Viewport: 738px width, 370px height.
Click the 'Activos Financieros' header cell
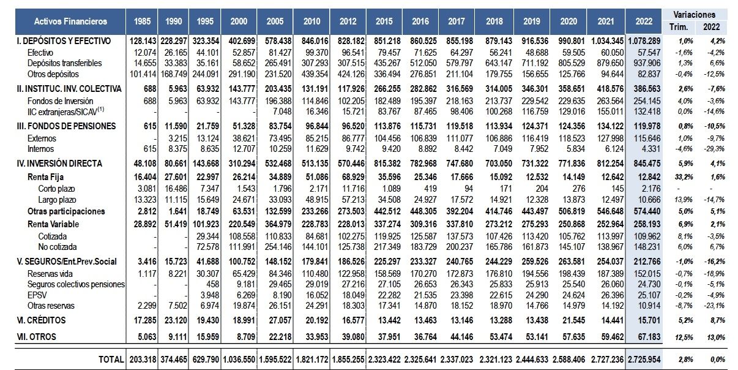point(70,21)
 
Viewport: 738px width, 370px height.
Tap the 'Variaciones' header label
point(695,15)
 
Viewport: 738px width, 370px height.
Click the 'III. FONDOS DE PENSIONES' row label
point(67,126)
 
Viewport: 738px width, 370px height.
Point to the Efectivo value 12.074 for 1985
point(143,53)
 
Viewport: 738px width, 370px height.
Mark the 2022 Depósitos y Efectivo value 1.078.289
point(644,41)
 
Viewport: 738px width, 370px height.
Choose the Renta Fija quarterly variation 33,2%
point(679,176)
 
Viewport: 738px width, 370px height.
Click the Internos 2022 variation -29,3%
point(710,149)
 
